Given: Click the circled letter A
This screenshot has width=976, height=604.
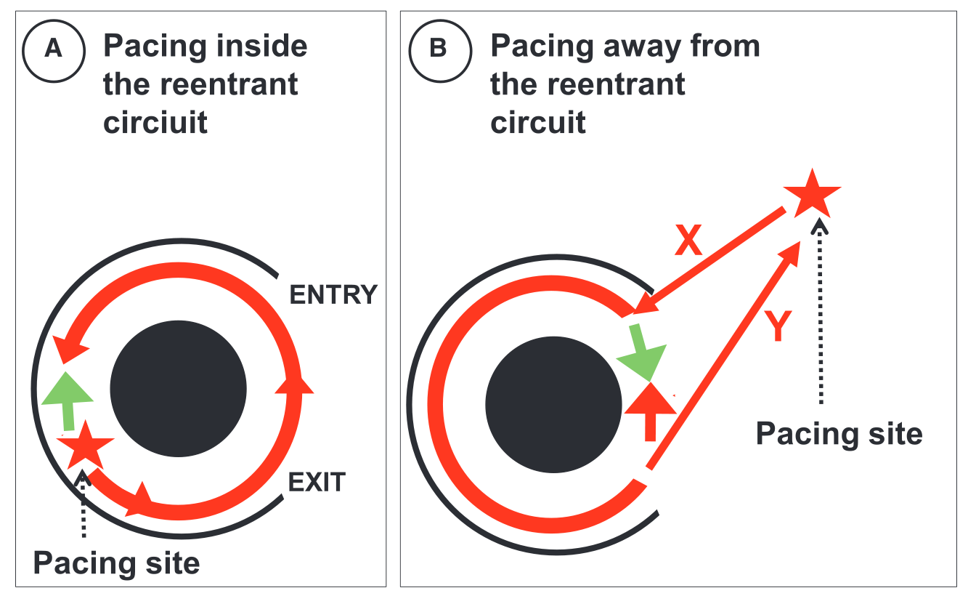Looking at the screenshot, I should (x=53, y=48).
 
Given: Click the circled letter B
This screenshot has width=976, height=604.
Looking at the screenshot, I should (x=438, y=48).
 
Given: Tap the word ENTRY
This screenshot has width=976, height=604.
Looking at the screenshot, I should (x=333, y=295).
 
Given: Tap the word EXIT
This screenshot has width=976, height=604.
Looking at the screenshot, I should (x=317, y=482).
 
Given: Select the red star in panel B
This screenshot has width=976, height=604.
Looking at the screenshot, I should (x=812, y=191).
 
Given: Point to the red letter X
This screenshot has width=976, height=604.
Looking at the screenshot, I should (x=688, y=242).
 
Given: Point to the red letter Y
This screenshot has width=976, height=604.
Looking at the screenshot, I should (x=777, y=327).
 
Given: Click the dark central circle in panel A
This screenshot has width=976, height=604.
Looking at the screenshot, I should (x=178, y=388).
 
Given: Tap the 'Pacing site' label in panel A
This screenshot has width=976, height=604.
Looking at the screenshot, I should (x=116, y=563).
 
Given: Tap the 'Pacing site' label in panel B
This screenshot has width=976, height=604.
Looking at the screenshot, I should (x=839, y=434).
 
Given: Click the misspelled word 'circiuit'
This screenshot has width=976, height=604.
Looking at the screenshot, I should (x=155, y=122).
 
